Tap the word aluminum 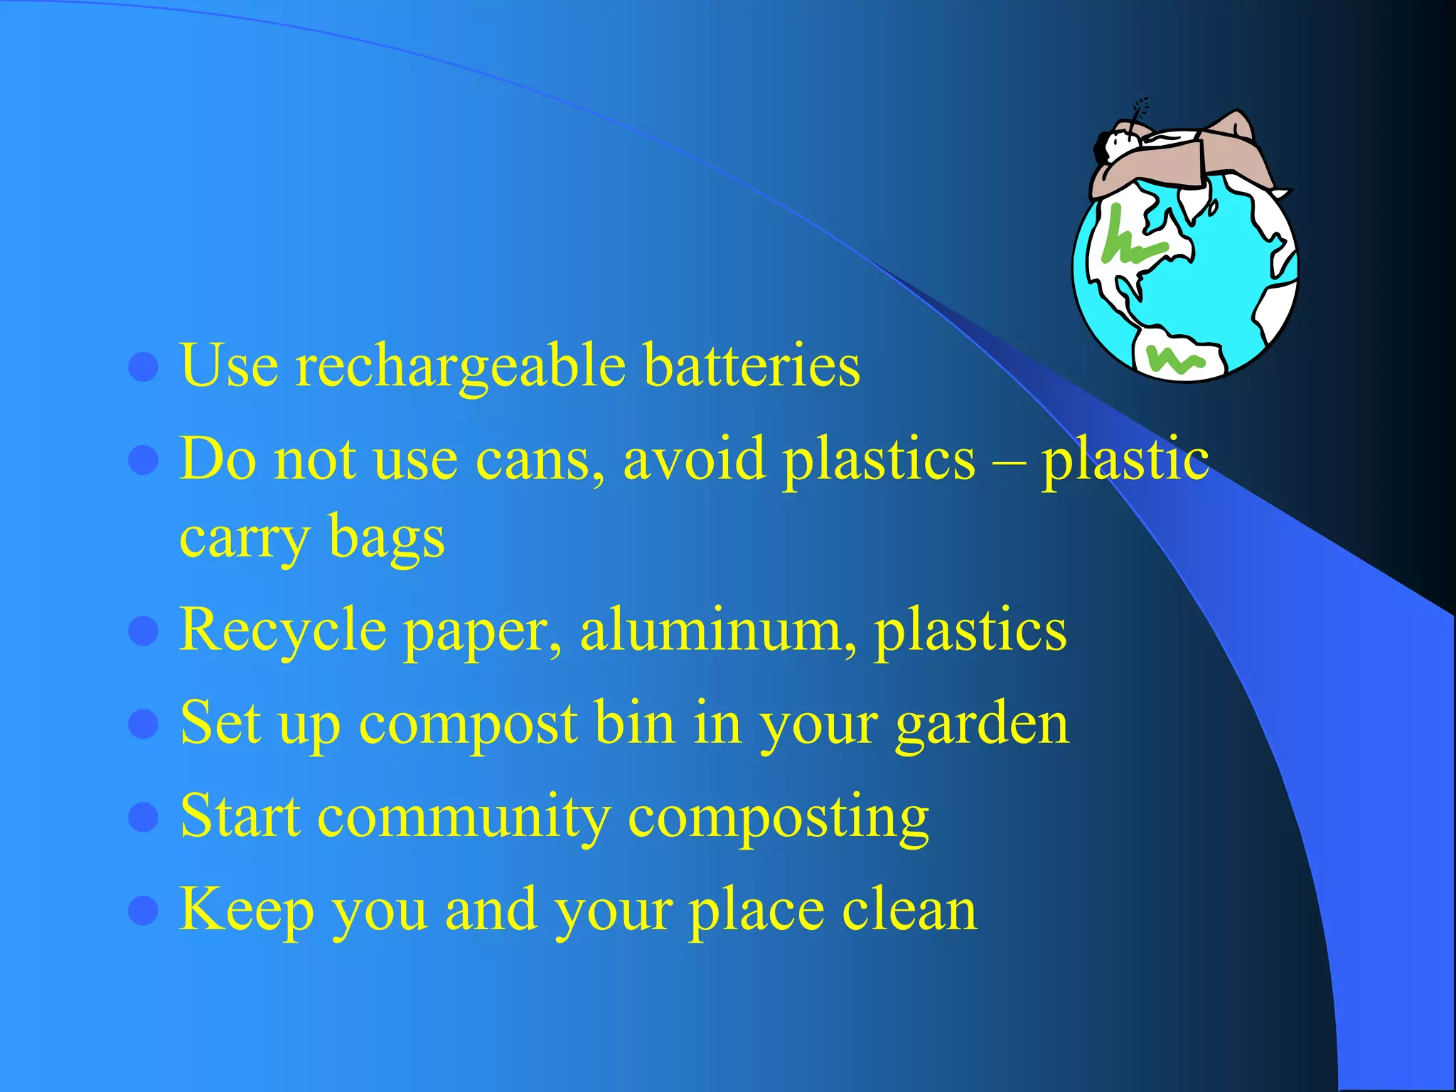[x=718, y=630]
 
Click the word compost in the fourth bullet [x=468, y=724]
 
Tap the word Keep [x=246, y=911]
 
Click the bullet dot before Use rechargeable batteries [x=143, y=367]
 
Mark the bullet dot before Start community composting [x=143, y=817]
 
